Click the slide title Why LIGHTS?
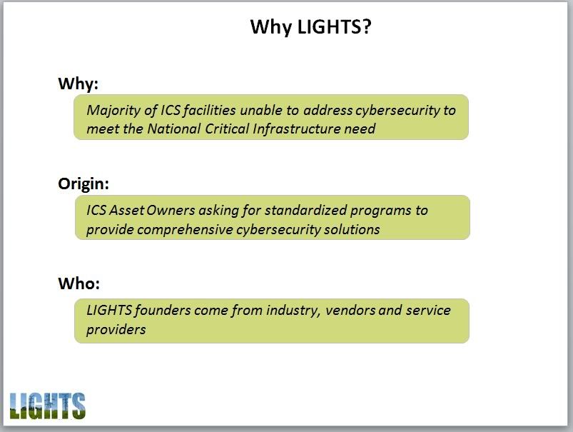point(310,27)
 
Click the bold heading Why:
point(78,84)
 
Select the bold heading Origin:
point(83,184)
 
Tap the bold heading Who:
point(79,283)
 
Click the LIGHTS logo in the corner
point(48,406)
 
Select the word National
point(174,129)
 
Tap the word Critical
point(227,129)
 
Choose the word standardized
point(305,211)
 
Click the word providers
point(116,330)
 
